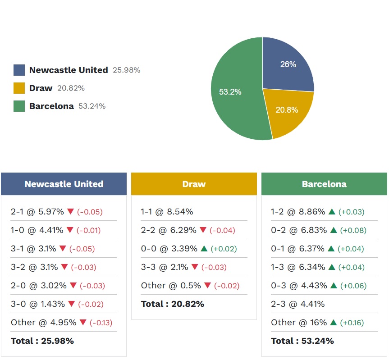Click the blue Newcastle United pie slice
click(286, 65)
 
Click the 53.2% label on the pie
click(230, 92)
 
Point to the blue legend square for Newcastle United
click(19, 70)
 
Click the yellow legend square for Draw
click(19, 88)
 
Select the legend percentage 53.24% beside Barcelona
click(92, 106)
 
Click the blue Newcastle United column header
click(64, 184)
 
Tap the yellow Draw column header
click(194, 184)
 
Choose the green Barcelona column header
click(324, 184)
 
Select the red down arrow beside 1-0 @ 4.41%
click(70, 230)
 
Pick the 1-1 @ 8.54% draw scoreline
click(167, 211)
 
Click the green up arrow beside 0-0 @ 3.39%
click(204, 249)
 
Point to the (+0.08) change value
click(353, 230)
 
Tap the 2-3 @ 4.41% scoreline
click(297, 304)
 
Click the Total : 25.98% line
click(42, 341)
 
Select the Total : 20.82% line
click(173, 304)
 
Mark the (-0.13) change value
click(101, 323)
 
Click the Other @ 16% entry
click(298, 323)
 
